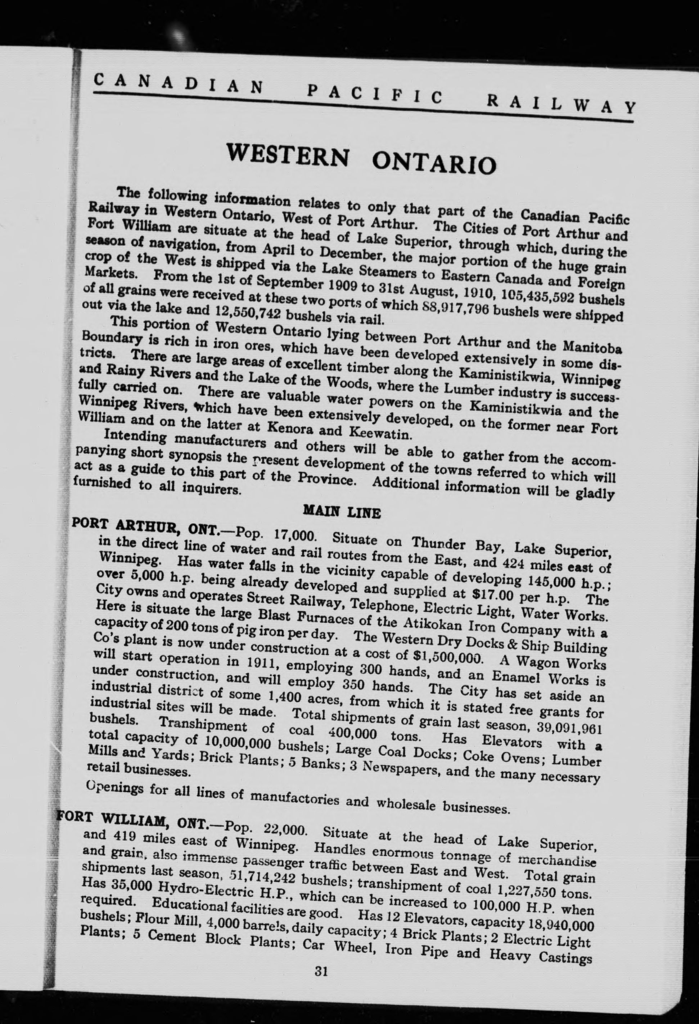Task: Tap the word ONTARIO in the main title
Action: [434, 163]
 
